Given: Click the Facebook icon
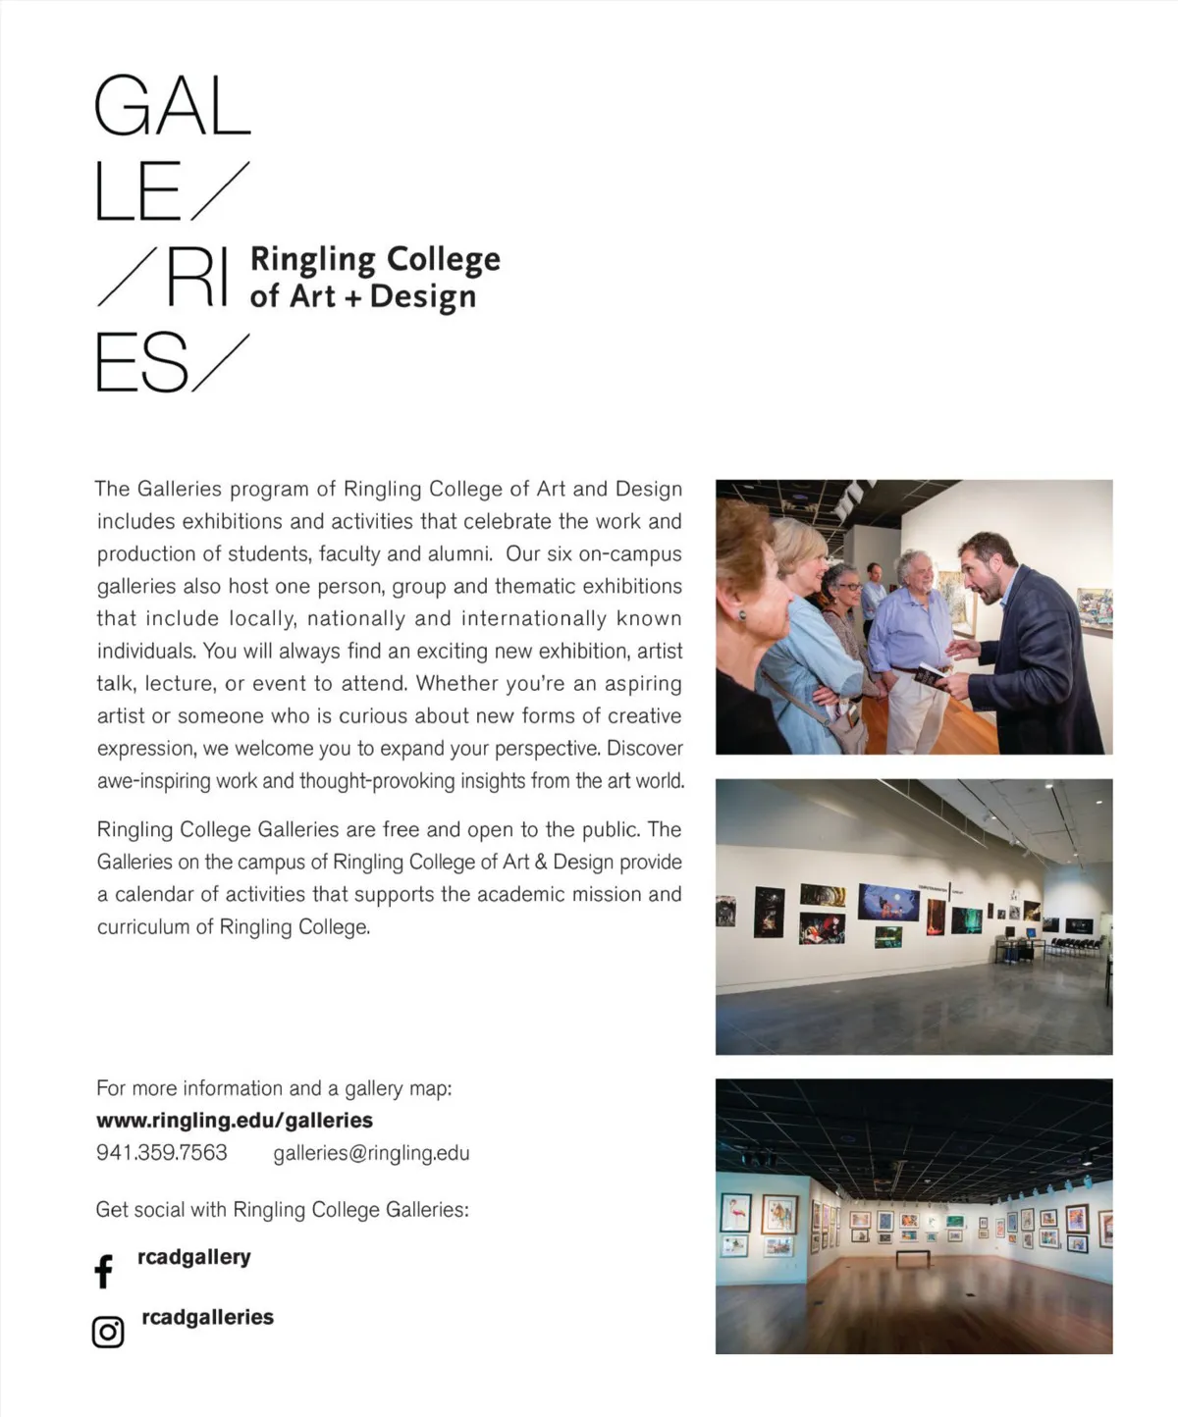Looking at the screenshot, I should (103, 1271).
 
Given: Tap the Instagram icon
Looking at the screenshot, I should (108, 1332).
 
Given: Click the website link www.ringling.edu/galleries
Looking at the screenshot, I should (235, 1120).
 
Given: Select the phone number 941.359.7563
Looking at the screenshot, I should (162, 1152).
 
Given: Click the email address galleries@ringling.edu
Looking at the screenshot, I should (371, 1153).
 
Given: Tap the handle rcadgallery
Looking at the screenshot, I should (193, 1257).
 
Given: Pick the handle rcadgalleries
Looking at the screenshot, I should (207, 1317).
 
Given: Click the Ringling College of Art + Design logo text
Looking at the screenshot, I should (374, 278).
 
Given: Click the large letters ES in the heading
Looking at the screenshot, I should (141, 363).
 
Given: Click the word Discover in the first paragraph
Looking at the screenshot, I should (645, 748).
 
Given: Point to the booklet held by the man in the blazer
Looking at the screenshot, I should (929, 673).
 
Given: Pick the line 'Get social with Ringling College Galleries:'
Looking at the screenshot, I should (282, 1210).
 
